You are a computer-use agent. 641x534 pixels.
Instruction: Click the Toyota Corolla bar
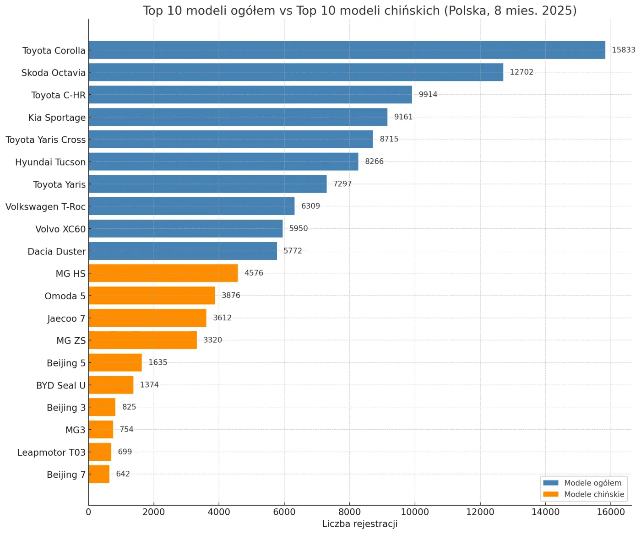(x=347, y=50)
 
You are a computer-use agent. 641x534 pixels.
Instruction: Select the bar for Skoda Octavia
(x=296, y=72)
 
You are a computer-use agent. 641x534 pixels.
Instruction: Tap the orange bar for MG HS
(x=163, y=273)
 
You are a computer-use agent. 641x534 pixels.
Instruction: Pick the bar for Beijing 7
(x=99, y=474)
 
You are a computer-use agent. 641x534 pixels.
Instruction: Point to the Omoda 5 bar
(x=152, y=296)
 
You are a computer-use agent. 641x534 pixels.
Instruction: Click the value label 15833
(x=623, y=50)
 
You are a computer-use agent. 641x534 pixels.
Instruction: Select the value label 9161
(x=403, y=117)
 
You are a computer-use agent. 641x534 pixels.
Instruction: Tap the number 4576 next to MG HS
(x=254, y=273)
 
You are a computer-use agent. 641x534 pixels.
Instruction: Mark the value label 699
(x=125, y=452)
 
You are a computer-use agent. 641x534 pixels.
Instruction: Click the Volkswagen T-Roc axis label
(x=45, y=207)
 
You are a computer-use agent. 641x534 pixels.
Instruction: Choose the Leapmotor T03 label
(x=51, y=453)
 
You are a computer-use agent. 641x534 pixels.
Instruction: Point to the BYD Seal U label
(x=61, y=385)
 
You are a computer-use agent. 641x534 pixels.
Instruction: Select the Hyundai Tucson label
(x=50, y=162)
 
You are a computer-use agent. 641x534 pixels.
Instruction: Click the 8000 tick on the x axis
(x=350, y=512)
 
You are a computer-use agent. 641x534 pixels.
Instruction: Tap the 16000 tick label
(x=611, y=512)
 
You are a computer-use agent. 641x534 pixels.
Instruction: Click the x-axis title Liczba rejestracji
(x=360, y=524)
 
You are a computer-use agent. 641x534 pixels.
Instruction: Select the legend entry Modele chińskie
(x=594, y=494)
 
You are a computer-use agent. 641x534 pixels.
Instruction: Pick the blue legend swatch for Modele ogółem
(x=550, y=483)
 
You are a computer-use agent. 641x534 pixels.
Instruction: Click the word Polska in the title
(x=467, y=11)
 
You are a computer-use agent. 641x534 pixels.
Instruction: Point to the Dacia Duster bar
(x=183, y=251)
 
